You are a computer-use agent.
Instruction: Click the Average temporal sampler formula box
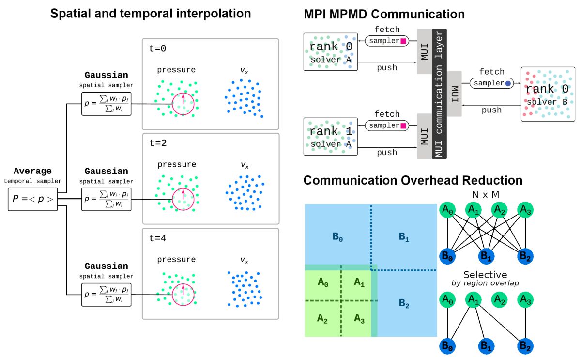click(33, 199)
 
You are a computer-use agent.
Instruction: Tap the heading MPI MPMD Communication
click(384, 14)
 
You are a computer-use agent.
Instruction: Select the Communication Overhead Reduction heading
click(413, 181)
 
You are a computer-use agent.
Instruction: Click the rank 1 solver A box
click(330, 136)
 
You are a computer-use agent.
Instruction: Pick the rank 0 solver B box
click(548, 94)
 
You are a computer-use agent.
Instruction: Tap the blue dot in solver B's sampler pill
click(508, 83)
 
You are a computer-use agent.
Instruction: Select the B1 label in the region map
click(403, 237)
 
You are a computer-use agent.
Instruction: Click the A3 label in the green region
click(359, 318)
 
